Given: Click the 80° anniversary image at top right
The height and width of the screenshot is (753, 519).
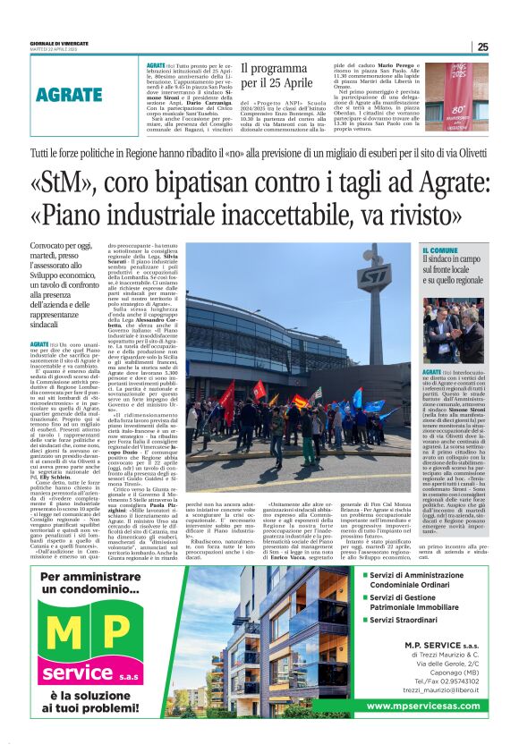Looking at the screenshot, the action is pos(456,94).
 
